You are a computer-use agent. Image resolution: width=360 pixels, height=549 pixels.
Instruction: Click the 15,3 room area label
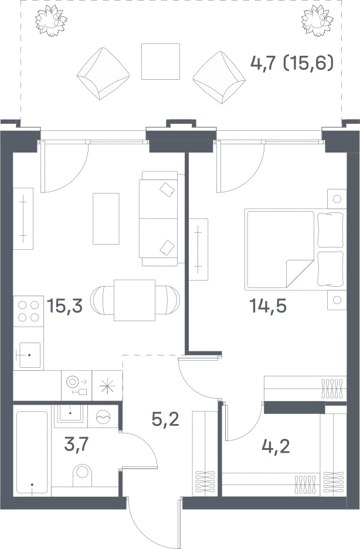point(64,306)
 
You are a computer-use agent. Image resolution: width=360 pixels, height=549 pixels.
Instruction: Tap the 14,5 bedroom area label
point(267,306)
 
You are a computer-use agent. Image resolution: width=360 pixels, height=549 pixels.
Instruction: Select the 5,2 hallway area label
point(165,419)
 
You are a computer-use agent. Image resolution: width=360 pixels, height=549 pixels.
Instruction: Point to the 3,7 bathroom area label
point(77,445)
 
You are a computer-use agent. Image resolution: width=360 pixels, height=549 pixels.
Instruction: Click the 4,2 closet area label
point(276,446)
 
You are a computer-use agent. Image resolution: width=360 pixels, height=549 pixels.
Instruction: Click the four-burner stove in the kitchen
point(28,311)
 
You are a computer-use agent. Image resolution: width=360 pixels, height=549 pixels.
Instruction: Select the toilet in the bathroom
point(83,476)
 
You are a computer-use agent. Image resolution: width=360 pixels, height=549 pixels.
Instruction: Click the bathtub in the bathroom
point(32,452)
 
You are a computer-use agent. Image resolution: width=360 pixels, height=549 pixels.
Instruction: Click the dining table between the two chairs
point(135,300)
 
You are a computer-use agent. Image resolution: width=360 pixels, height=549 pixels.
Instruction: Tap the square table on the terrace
point(161,62)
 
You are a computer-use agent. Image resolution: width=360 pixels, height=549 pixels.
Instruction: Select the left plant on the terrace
point(51,21)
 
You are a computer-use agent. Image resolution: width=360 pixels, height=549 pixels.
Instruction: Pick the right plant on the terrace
point(317,21)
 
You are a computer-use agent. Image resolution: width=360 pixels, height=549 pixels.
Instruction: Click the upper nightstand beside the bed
point(337,199)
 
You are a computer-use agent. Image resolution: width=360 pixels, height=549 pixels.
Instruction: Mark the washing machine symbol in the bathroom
point(103,416)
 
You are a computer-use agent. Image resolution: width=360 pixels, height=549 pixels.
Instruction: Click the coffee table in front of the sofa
point(106,218)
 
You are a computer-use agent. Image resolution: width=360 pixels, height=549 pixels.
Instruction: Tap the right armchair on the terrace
point(219,78)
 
